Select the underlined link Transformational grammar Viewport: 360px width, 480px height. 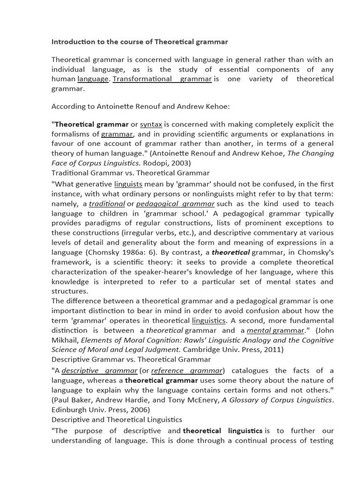coord(162,79)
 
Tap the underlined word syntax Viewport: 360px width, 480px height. coord(150,124)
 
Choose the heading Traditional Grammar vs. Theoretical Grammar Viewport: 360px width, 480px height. coord(130,173)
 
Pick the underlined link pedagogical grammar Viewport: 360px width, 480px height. coord(175,203)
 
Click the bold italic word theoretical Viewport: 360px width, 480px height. coord(231,252)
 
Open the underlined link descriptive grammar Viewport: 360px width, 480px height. coord(99,370)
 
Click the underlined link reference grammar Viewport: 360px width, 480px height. coord(187,370)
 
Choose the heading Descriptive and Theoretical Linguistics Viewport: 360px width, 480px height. coord(117,419)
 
